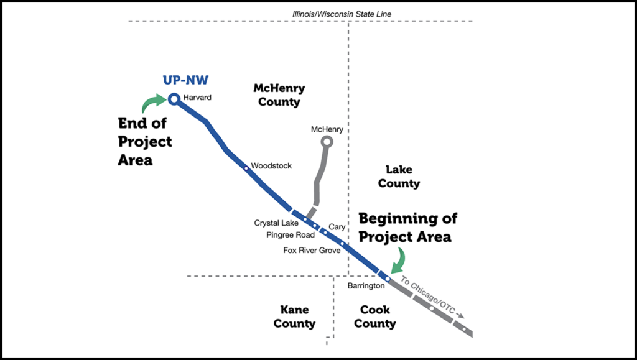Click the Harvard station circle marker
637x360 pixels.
(x=174, y=98)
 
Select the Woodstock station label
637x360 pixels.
(x=271, y=166)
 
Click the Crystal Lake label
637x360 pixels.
(x=276, y=223)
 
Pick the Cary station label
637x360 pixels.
(x=337, y=228)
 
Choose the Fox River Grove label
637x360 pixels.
(x=312, y=250)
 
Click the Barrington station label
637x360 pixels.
(x=366, y=285)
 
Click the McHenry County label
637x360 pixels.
(x=279, y=95)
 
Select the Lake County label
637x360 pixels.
(x=399, y=177)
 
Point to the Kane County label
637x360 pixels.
(x=294, y=316)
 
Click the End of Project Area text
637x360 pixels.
(x=145, y=142)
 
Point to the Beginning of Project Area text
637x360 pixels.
(x=407, y=228)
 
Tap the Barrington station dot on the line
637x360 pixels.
(x=387, y=279)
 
